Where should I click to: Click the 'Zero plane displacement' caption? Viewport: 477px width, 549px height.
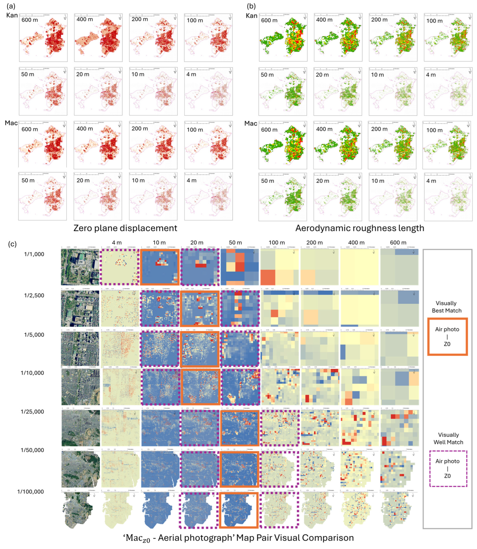pos(125,228)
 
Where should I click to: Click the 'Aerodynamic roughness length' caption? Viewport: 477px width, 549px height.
pos(360,228)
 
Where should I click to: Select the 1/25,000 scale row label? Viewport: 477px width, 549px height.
pos(32,412)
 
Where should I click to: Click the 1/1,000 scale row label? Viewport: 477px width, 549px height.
pos(34,254)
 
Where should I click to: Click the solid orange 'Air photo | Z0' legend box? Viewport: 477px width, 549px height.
pos(447,337)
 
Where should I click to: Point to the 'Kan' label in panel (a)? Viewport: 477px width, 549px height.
pos(12,15)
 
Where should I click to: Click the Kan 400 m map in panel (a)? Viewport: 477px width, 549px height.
pos(98,38)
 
